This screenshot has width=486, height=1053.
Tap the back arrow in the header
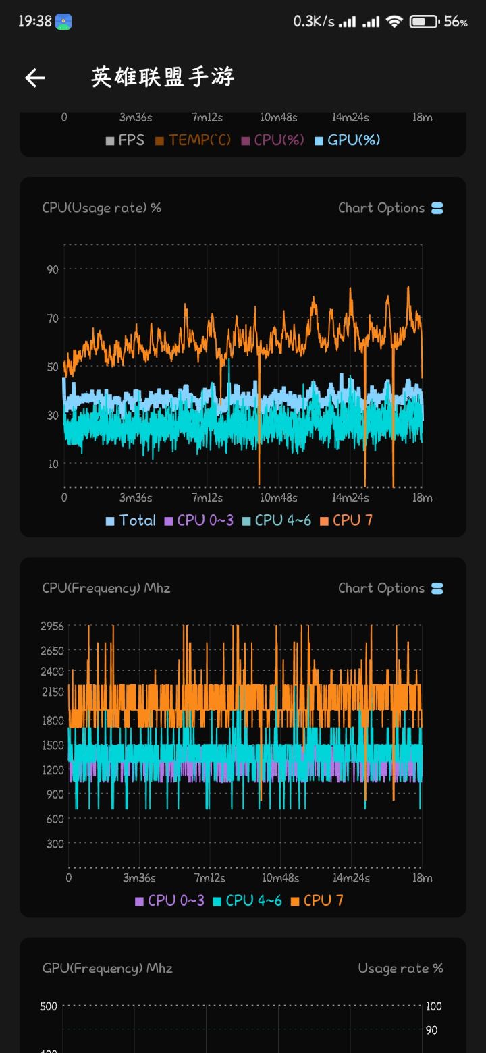click(34, 78)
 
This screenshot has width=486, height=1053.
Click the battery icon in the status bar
click(424, 22)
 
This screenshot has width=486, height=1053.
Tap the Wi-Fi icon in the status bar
click(394, 22)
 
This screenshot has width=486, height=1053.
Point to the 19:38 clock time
click(34, 22)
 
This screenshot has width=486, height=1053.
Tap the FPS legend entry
click(125, 140)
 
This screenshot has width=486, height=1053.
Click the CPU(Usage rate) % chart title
click(102, 207)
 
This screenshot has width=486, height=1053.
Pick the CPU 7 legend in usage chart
click(346, 520)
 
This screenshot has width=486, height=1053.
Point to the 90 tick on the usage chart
click(53, 269)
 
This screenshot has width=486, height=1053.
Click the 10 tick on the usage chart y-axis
click(53, 464)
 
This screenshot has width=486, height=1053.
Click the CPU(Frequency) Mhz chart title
click(106, 588)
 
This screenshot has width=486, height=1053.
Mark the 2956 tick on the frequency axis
click(52, 626)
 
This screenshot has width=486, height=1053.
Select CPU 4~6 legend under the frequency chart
click(247, 900)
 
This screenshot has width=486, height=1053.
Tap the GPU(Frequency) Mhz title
click(107, 968)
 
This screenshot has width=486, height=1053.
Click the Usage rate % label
click(400, 968)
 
